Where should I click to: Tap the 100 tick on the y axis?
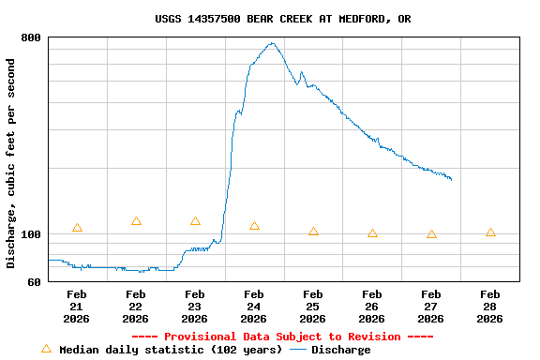31,234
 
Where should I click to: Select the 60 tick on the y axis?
34,282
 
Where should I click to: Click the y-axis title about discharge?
11,163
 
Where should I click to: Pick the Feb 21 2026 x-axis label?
77,307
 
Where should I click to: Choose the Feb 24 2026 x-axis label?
253,307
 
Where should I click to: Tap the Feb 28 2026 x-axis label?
489,307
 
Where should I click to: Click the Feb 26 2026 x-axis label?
371,307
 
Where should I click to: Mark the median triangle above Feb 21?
77,228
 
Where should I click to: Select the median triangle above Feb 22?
136,221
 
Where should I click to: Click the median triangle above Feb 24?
254,226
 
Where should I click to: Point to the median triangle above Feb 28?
490,232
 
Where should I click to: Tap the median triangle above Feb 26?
372,233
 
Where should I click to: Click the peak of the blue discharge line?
272,43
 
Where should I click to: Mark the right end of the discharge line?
451,179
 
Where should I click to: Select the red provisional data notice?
282,337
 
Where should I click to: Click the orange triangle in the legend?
46,349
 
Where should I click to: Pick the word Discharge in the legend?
340,350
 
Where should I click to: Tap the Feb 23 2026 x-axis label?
194,307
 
